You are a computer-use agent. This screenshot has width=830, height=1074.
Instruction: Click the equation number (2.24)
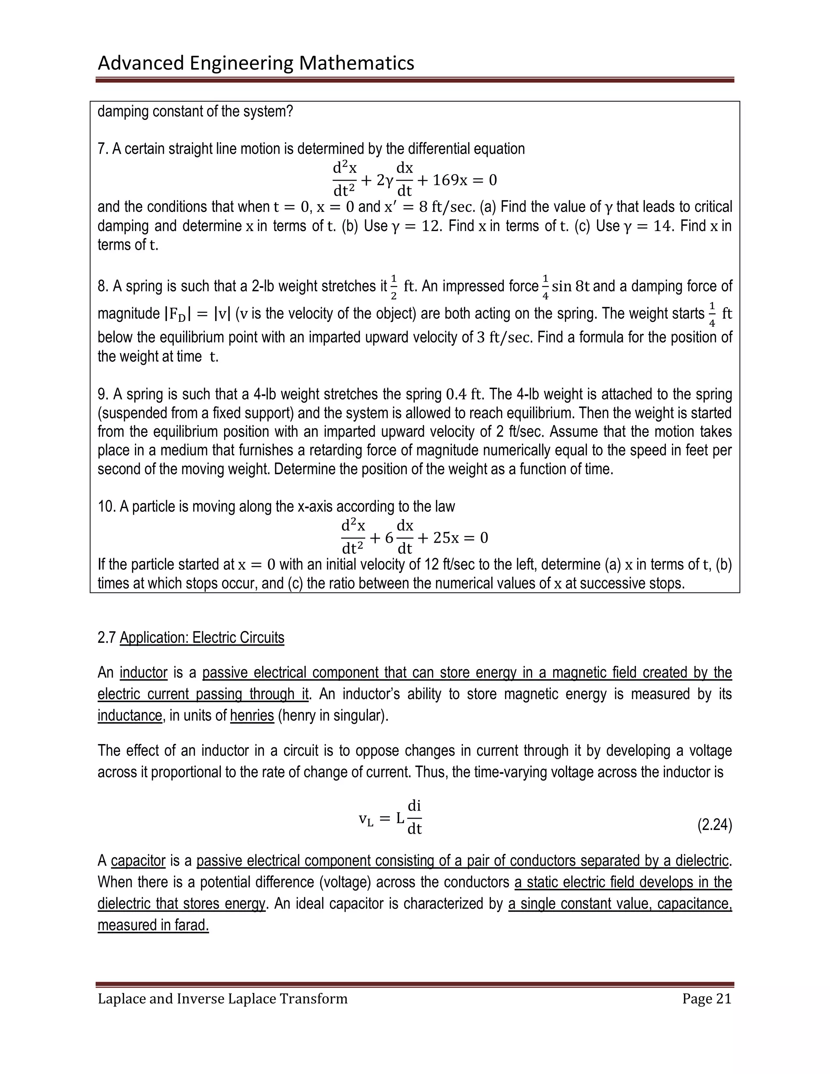(x=714, y=825)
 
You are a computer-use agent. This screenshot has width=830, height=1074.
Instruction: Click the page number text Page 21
(x=706, y=999)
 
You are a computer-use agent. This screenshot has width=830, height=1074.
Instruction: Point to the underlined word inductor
(x=143, y=672)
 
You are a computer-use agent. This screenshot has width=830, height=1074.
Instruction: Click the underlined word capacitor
(x=138, y=860)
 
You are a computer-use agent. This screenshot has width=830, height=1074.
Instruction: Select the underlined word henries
(x=252, y=715)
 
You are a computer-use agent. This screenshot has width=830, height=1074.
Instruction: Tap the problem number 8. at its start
(x=102, y=286)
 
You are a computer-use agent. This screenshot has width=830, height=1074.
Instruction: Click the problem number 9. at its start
(x=102, y=394)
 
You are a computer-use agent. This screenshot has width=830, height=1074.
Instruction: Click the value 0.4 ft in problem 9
(x=463, y=394)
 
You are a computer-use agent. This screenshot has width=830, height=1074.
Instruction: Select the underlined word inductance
(x=130, y=715)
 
